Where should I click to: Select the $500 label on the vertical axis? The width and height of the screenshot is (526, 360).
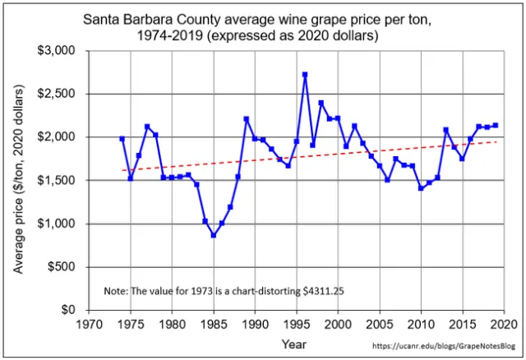(61, 267)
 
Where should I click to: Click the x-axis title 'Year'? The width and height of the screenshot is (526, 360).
(294, 344)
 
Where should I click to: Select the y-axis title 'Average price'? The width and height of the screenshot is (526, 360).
(18, 181)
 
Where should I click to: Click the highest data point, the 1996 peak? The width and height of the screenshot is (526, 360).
(305, 75)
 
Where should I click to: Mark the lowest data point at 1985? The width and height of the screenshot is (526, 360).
(214, 235)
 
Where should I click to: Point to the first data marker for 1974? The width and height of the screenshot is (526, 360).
(122, 139)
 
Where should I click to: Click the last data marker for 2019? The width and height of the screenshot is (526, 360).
(496, 125)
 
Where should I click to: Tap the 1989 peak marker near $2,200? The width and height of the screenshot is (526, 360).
(247, 119)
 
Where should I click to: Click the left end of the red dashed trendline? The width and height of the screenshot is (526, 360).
(122, 170)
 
